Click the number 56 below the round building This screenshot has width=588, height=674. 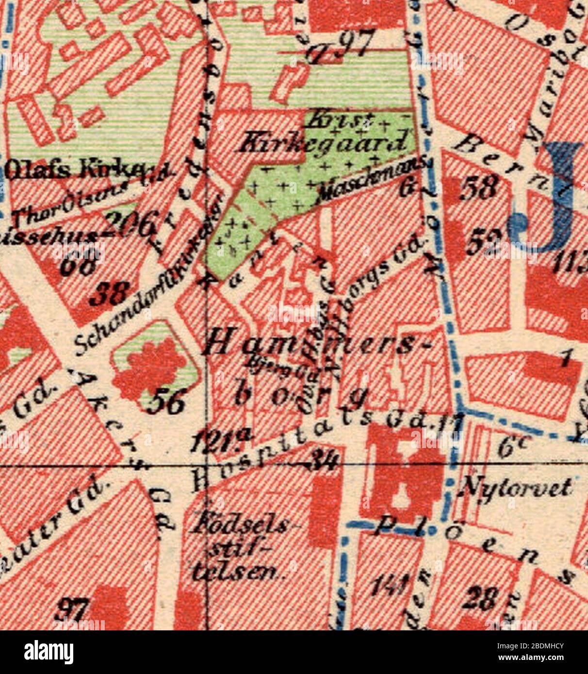(165, 403)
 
